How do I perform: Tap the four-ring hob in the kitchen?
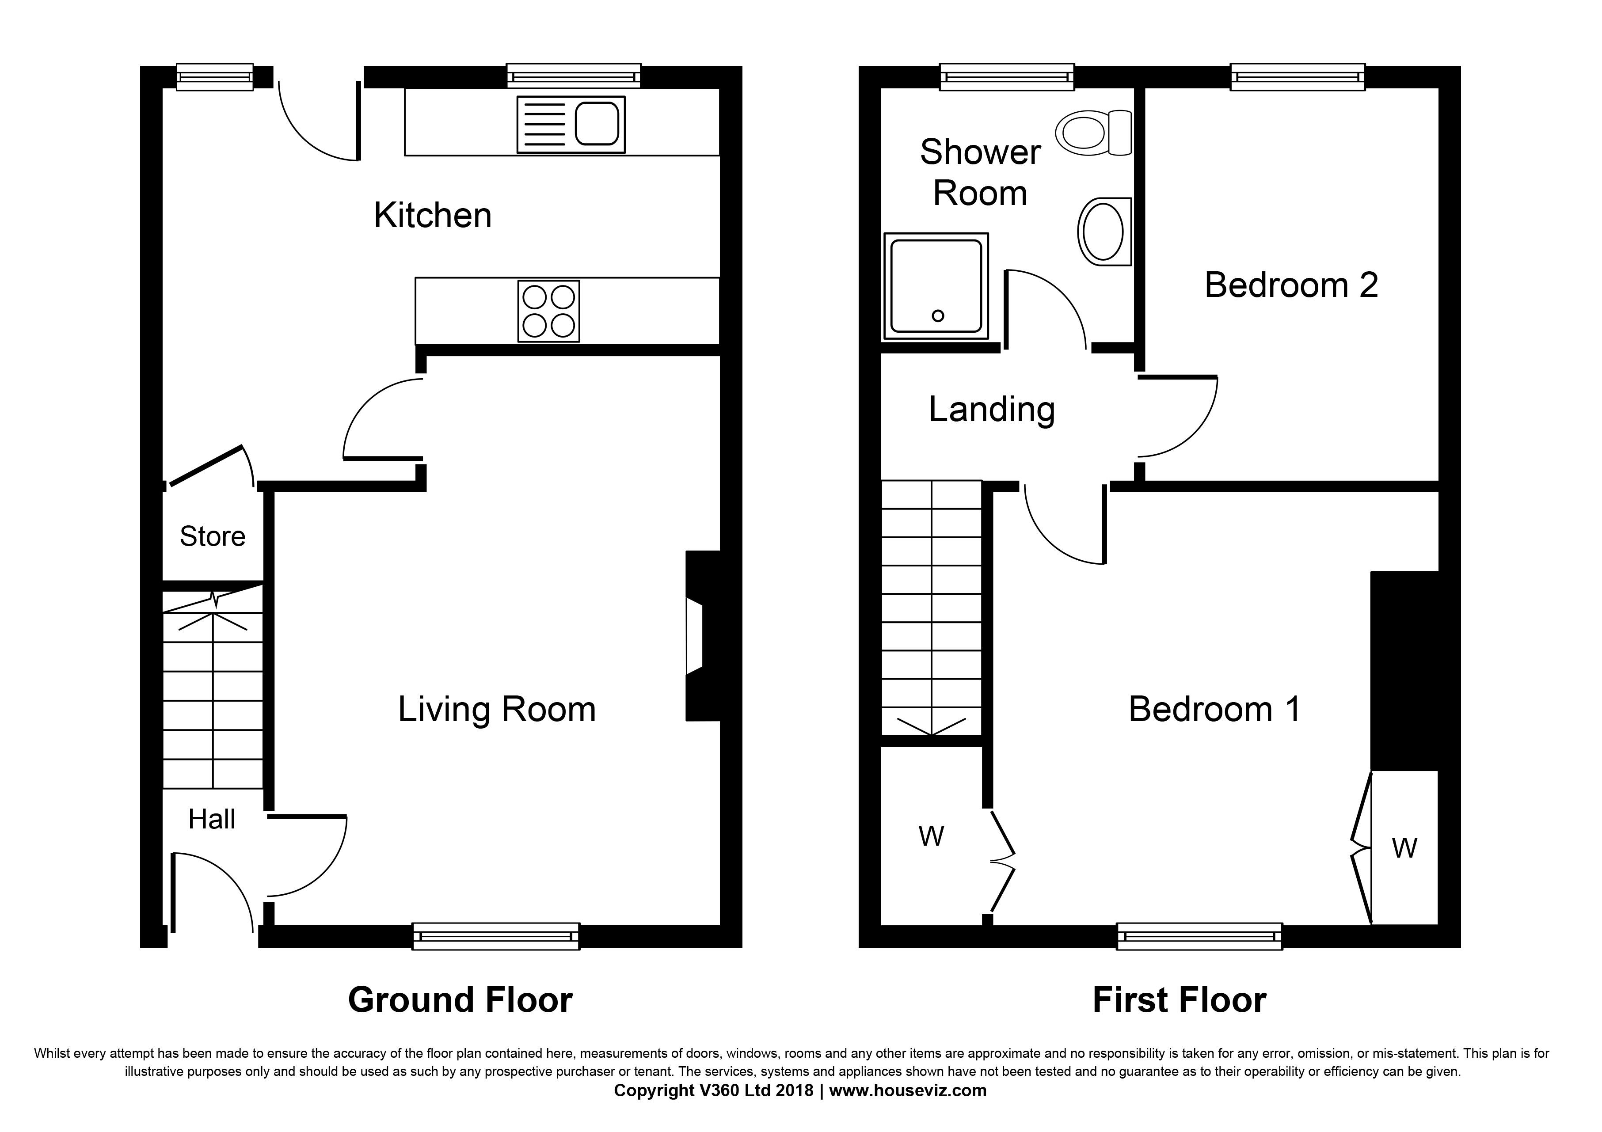[548, 311]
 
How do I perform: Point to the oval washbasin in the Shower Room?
[1104, 231]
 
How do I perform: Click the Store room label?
[213, 536]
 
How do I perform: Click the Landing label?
[992, 410]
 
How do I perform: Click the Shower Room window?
[1007, 77]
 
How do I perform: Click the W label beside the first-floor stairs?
[932, 836]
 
